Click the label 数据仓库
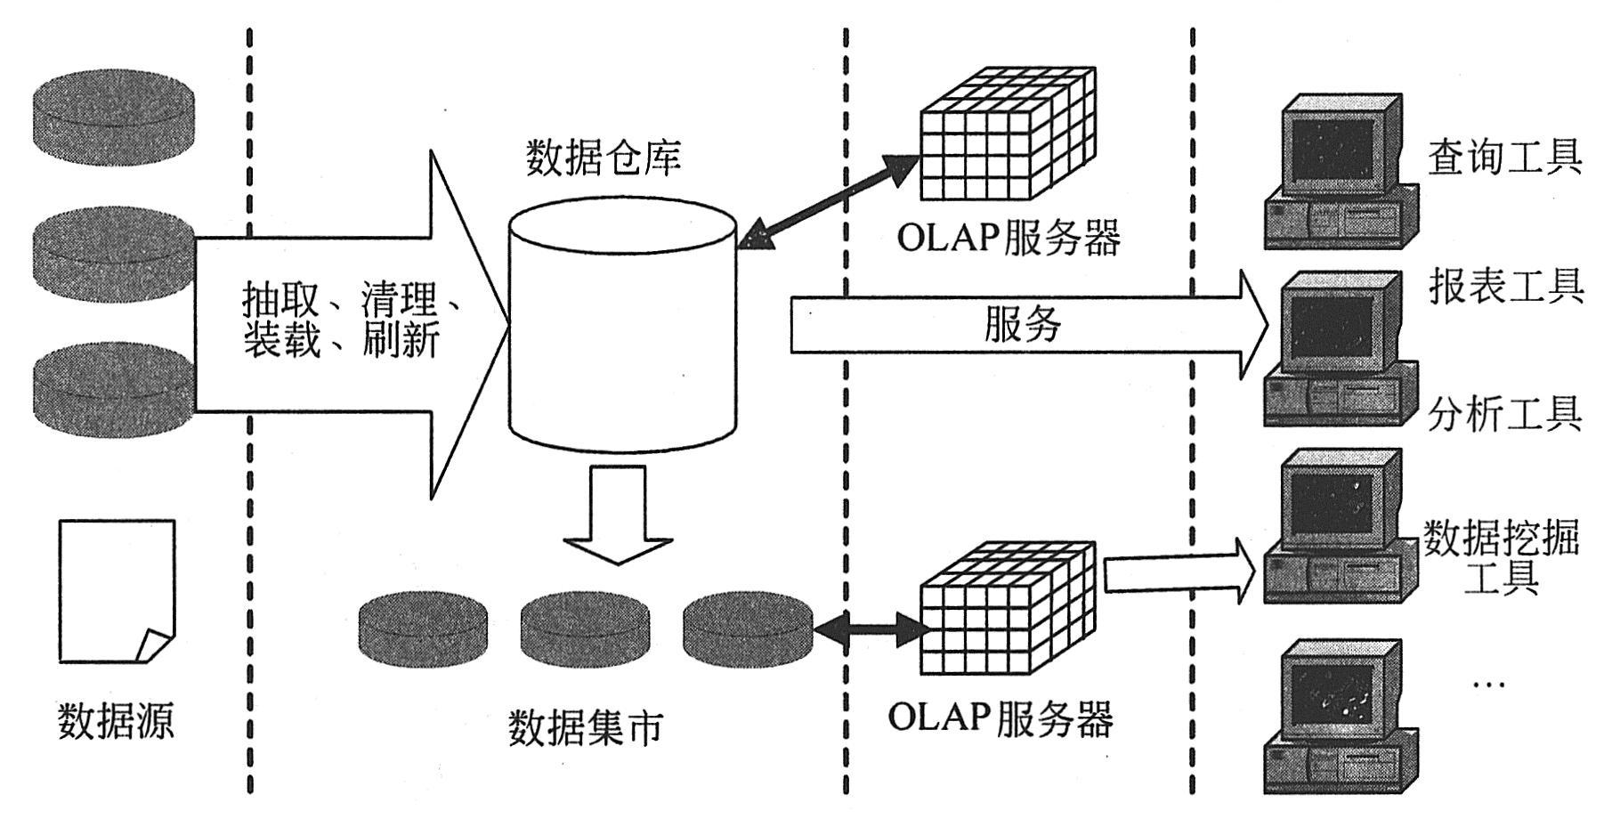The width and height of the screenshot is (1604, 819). (x=603, y=158)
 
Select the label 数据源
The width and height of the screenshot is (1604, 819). (x=116, y=719)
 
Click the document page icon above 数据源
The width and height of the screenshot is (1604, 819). (x=116, y=591)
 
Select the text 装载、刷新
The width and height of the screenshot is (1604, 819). (x=341, y=341)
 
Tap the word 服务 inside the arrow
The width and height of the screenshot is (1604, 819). (x=1022, y=324)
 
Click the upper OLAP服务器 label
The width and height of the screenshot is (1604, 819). (x=1008, y=238)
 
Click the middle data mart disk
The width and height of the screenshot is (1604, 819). (x=585, y=629)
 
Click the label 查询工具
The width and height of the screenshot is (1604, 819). (x=1504, y=158)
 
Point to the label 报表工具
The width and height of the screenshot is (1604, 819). (x=1506, y=287)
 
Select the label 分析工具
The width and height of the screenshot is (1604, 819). (x=1504, y=414)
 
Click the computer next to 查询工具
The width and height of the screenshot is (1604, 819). (x=1341, y=174)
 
